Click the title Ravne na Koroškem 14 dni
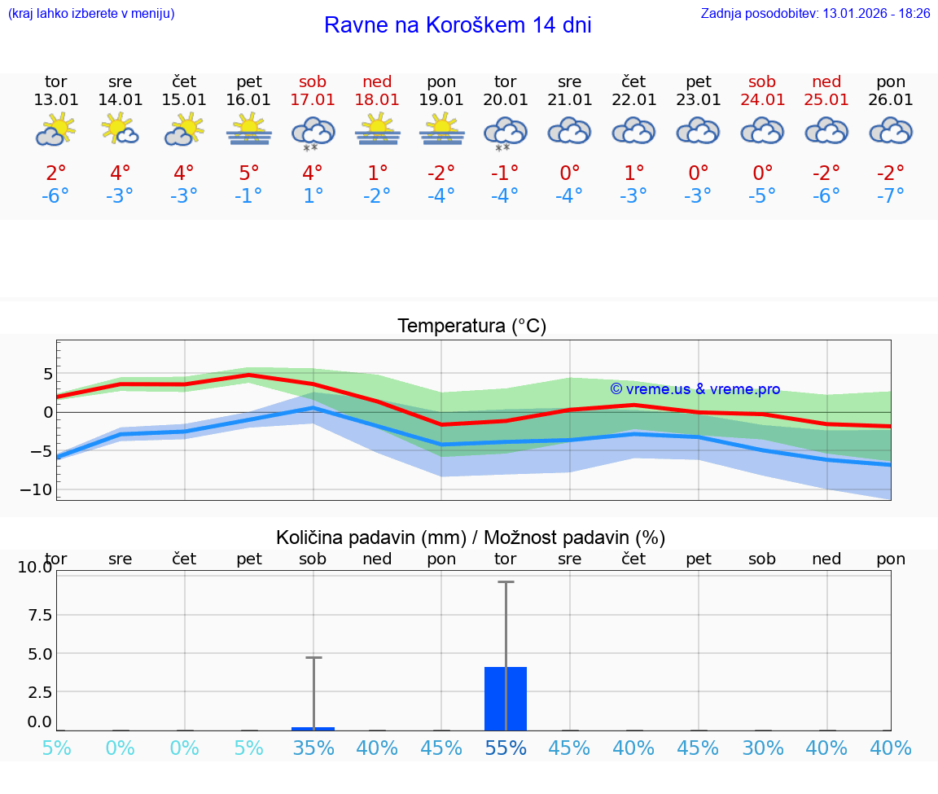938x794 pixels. pos(458,25)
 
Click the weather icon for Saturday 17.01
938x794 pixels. pos(313,132)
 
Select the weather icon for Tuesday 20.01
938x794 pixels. pos(506,132)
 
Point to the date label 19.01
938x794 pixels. pos(441,99)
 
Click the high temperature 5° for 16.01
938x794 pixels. pos(249,173)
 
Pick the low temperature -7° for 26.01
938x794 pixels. pos(891,196)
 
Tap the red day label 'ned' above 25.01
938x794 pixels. pos(826,81)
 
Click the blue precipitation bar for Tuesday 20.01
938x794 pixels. pos(506,699)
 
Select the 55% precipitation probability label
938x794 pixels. pos(506,748)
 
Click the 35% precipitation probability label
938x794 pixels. pos(313,748)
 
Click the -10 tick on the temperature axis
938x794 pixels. pos(36,489)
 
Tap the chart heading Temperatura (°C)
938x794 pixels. pos(471,326)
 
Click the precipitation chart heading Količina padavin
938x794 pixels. pos(471,537)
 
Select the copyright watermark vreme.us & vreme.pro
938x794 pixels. pos(695,389)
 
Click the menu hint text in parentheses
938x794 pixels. pos(90,13)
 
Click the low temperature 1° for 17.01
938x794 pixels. pos(313,196)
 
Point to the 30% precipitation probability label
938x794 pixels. pos(762,748)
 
